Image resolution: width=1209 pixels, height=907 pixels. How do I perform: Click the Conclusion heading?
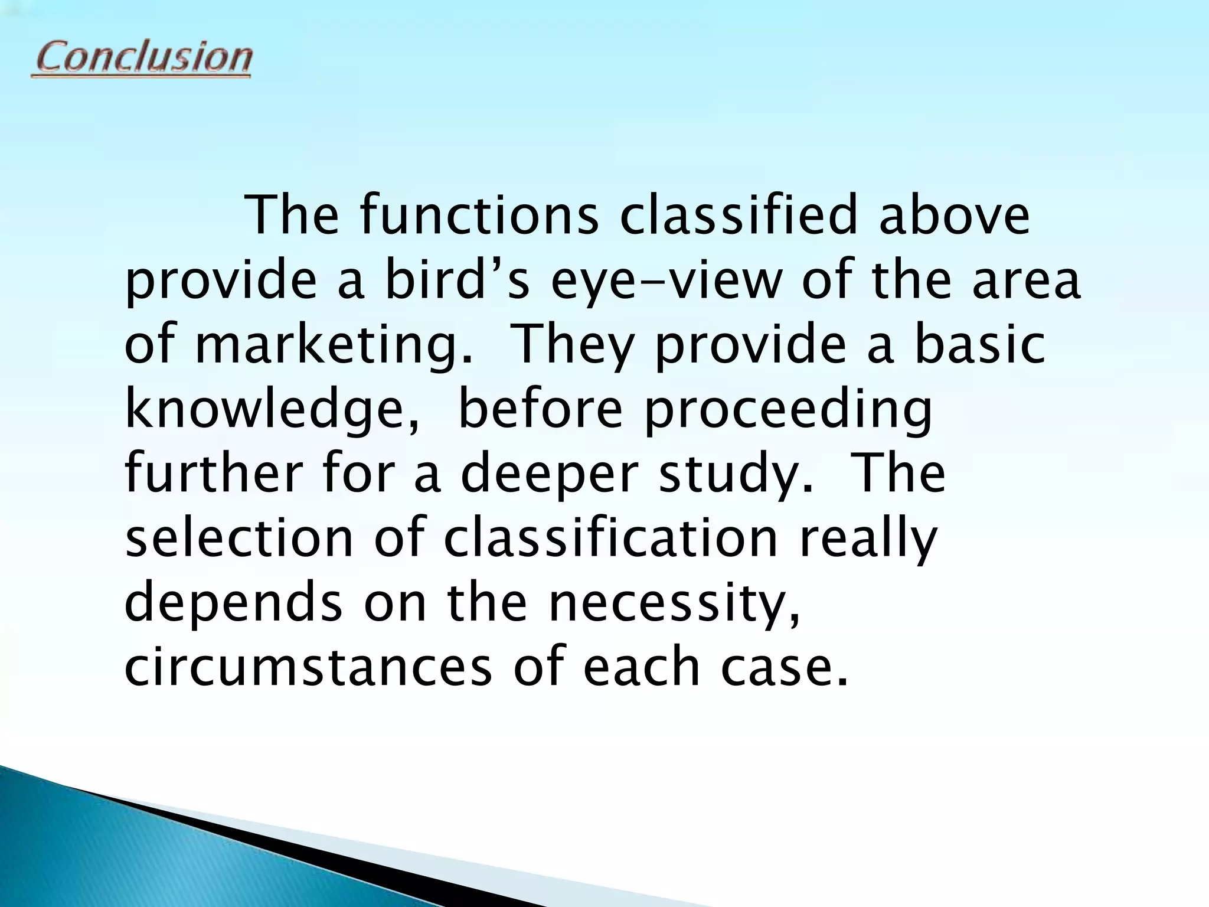(142, 58)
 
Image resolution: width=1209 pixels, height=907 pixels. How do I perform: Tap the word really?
(868, 540)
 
